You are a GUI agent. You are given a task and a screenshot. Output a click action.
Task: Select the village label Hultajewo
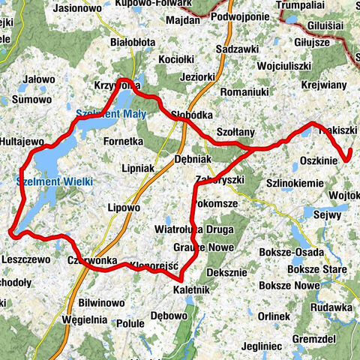24,140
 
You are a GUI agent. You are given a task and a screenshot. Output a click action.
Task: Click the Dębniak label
193,159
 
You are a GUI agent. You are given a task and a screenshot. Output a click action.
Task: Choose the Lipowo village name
124,208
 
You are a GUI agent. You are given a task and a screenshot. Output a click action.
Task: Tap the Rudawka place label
333,307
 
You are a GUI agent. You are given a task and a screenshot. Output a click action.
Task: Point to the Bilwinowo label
100,303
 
